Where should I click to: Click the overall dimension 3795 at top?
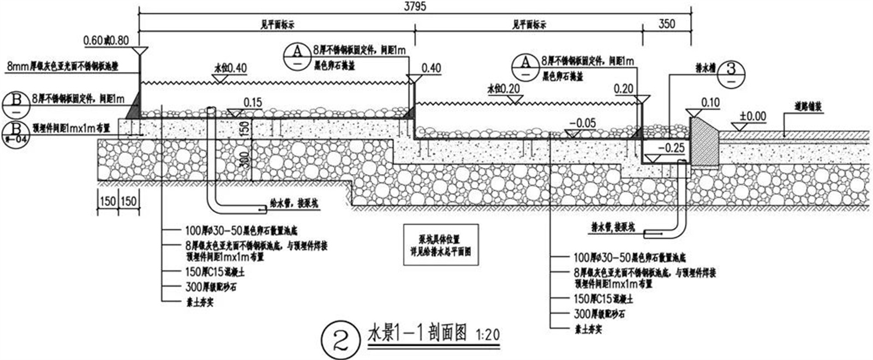click(x=415, y=6)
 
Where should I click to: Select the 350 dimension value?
click(x=666, y=23)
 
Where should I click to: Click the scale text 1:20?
click(x=488, y=334)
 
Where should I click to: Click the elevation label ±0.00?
click(x=753, y=116)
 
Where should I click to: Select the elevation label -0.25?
click(x=671, y=148)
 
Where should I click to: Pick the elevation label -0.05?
click(x=582, y=123)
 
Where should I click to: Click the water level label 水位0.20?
click(x=503, y=89)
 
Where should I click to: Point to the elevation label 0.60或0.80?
click(x=106, y=40)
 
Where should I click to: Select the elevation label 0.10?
click(x=710, y=103)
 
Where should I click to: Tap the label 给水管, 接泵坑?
click(x=294, y=203)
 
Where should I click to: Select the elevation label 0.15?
click(x=253, y=102)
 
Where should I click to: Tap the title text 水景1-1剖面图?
click(x=417, y=332)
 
